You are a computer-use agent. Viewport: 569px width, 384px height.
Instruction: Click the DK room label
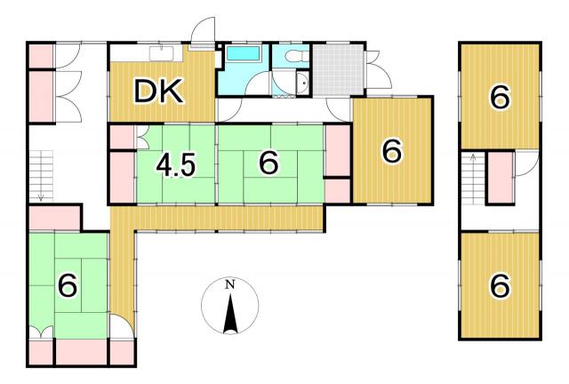coord(158,92)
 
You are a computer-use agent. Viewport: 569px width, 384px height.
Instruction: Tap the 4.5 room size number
coord(176,165)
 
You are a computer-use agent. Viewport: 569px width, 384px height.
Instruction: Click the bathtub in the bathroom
coord(243,53)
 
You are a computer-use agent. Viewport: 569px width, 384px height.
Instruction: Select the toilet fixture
coord(296,56)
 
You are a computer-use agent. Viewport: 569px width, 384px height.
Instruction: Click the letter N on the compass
coord(229,284)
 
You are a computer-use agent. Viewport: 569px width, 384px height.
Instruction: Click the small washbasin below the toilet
coord(301,84)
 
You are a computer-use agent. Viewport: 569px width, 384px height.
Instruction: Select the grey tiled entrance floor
coord(338,69)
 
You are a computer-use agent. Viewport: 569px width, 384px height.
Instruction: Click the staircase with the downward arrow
coord(41,176)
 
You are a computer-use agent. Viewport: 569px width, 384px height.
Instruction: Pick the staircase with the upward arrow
coord(473,179)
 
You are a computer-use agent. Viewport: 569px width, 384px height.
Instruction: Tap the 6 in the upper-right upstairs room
coord(500,97)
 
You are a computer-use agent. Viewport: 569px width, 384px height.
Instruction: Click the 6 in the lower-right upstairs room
coord(500,285)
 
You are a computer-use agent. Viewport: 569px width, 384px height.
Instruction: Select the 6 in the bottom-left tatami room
coord(68,284)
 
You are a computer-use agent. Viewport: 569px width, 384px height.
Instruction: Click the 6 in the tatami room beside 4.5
coord(268,163)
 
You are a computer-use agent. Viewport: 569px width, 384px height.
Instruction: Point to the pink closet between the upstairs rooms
coord(500,178)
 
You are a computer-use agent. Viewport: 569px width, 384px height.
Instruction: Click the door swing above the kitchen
coord(204,31)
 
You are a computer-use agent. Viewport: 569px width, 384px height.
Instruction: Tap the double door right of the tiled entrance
coord(378,69)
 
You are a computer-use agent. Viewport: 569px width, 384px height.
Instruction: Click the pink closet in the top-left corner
coord(41,55)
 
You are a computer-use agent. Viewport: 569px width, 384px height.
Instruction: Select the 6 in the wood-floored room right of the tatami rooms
coord(392,151)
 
